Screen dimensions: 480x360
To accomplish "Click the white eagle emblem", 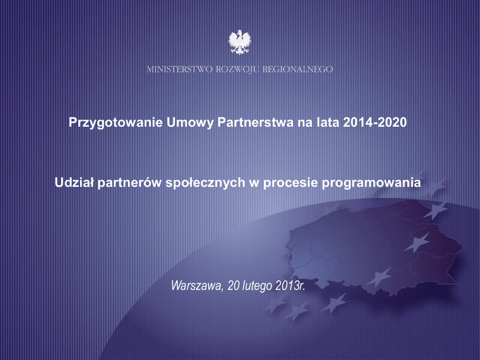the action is (x=240, y=42).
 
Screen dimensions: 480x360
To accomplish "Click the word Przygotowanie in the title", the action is (x=116, y=122).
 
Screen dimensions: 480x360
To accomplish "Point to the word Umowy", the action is (x=190, y=122).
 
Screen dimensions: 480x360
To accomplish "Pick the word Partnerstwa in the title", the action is (x=255, y=122).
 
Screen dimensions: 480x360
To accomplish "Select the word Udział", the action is (x=75, y=182).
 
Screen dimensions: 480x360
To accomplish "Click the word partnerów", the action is (x=130, y=183).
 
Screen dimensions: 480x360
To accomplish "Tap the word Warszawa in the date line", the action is (x=196, y=285).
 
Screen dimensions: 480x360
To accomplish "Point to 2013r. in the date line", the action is (x=290, y=285).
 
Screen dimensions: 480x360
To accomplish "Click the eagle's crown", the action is (x=240, y=31).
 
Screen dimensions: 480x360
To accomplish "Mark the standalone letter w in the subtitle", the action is (x=255, y=184).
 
